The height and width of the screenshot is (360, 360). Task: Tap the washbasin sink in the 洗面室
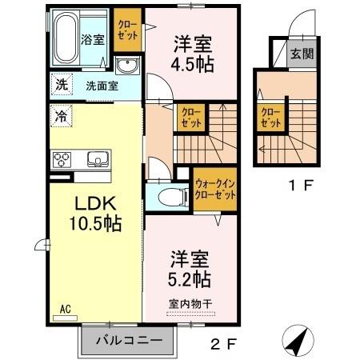(127, 66)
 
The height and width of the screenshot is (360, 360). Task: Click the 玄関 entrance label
(302, 55)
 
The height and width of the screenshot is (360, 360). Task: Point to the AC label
(63, 306)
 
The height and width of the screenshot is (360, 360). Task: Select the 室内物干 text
(190, 302)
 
